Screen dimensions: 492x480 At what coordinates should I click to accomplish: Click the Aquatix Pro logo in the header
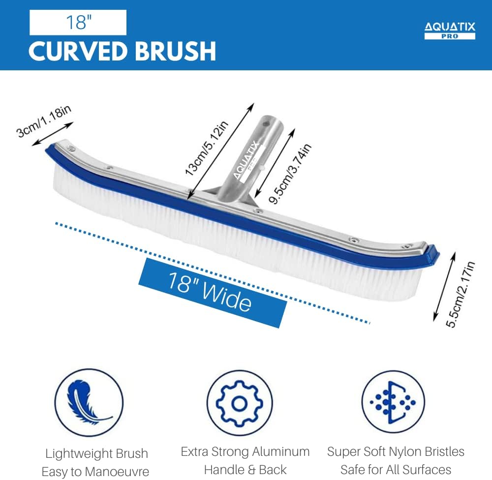click(450, 30)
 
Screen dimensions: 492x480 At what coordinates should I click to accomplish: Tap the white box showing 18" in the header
click(78, 22)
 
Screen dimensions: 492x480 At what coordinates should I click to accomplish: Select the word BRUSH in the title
click(176, 51)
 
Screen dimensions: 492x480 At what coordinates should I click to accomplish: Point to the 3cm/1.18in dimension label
click(44, 121)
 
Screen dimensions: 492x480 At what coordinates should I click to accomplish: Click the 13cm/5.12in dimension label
click(206, 148)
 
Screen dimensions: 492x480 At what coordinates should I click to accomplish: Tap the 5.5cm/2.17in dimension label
click(461, 294)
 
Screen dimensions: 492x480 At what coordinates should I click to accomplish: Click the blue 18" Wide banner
click(213, 293)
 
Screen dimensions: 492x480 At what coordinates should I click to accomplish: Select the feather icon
click(89, 402)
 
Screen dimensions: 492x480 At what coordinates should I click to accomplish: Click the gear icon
click(240, 403)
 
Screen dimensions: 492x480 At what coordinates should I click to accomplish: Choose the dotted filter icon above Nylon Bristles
click(393, 402)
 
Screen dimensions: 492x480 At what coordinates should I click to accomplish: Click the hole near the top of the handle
click(265, 122)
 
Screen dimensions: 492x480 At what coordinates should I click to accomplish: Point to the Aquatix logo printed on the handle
click(247, 160)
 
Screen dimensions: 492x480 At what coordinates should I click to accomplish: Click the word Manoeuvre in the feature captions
click(117, 472)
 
